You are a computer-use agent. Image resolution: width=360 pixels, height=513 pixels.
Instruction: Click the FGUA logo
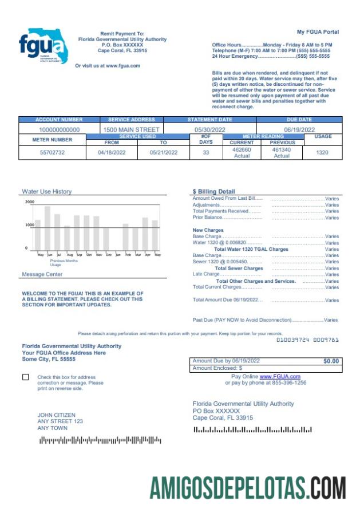point(43,45)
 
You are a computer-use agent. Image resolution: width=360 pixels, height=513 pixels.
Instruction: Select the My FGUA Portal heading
point(318,32)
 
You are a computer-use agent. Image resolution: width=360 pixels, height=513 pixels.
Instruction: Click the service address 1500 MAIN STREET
point(131,130)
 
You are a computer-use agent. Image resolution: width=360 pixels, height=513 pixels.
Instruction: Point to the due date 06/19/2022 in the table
point(299,130)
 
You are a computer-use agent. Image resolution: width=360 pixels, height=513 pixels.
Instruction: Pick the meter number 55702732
point(52,153)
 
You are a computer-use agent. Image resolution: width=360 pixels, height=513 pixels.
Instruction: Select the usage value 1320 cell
point(322,153)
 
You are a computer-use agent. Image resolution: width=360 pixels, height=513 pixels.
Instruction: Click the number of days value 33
point(206,153)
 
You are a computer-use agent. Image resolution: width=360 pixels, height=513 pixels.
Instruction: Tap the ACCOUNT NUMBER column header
point(59,120)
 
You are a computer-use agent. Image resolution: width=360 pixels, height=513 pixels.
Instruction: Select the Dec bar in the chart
point(106,239)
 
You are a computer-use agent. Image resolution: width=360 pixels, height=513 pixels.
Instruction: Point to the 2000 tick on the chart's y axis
point(30,202)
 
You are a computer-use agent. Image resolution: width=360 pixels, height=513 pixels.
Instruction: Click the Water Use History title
point(47,192)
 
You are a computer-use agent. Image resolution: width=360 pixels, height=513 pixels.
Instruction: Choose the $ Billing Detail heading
point(214,192)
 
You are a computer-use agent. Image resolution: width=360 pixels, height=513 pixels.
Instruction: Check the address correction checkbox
point(25,377)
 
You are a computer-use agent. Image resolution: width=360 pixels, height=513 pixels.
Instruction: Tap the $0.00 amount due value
point(331,361)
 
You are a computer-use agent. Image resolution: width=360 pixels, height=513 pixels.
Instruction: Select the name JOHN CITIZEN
point(56,415)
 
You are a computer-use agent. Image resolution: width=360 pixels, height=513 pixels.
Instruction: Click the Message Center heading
point(42,275)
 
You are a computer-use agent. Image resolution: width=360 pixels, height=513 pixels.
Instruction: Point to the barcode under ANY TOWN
point(100,440)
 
